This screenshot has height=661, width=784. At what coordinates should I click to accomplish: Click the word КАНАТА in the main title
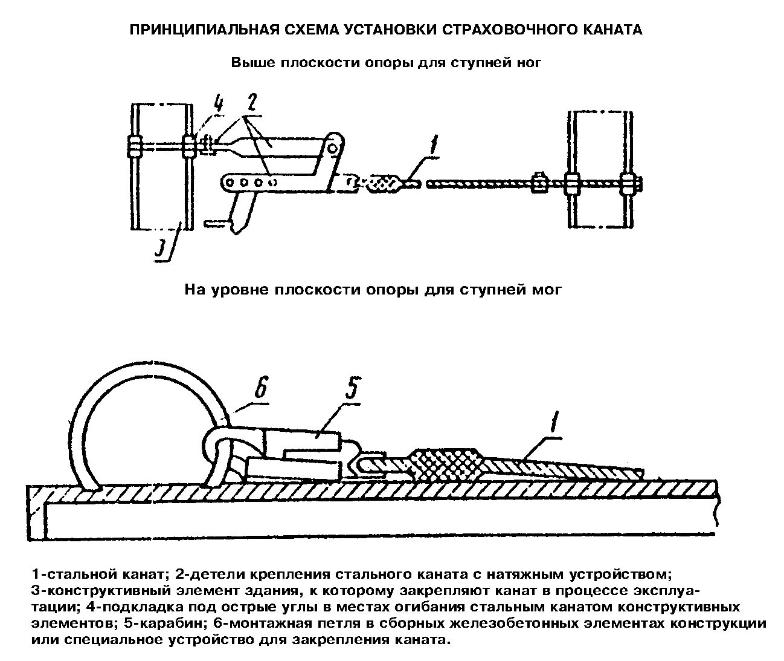611,30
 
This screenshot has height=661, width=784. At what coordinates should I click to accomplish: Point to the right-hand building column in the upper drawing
602,169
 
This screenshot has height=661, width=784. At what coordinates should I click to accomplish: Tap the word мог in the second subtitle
548,290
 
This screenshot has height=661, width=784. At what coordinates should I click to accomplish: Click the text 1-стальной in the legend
65,573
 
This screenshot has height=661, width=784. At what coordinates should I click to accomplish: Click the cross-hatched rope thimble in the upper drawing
382,182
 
